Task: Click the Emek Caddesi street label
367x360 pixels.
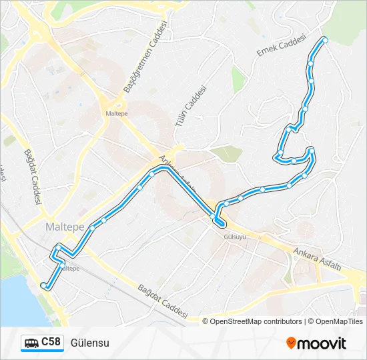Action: click(x=280, y=45)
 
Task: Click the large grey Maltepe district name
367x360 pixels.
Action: click(x=65, y=227)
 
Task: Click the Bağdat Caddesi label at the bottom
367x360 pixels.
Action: click(x=164, y=301)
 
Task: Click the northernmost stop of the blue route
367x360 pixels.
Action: click(x=326, y=41)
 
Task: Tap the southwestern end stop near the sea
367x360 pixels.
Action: click(x=43, y=285)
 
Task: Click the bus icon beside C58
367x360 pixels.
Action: click(x=31, y=343)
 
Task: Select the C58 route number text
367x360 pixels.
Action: click(x=51, y=343)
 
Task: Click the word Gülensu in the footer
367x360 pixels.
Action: click(x=89, y=343)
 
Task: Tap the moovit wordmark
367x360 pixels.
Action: click(x=322, y=343)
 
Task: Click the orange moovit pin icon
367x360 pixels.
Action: click(x=291, y=343)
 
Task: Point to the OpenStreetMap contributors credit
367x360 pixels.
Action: click(x=256, y=321)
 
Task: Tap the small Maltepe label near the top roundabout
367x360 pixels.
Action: click(x=117, y=113)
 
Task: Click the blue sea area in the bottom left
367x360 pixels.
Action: click(x=17, y=300)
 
